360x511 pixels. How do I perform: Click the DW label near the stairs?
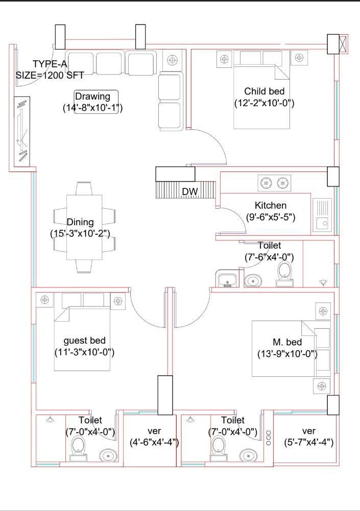[x=190, y=191]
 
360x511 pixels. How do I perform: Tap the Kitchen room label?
[x=271, y=206]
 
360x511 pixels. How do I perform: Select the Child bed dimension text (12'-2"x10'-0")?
[x=265, y=103]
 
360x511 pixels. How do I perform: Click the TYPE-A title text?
[x=50, y=64]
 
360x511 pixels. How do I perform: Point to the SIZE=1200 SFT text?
[x=50, y=75]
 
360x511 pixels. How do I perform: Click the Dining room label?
[x=80, y=222]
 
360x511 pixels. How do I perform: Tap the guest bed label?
[x=84, y=341]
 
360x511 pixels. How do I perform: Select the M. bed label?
[x=287, y=342]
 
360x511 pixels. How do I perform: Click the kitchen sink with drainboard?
[x=322, y=214]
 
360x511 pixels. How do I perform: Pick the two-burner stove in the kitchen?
[x=274, y=183]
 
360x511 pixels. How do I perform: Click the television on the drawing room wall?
[x=22, y=131]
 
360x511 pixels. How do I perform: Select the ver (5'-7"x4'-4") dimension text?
[x=308, y=443]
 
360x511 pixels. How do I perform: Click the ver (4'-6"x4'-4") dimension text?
[x=154, y=443]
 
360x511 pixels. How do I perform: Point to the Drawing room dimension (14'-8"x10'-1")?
[x=92, y=108]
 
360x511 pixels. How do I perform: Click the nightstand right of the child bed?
[x=299, y=58]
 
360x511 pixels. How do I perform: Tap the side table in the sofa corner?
[x=172, y=60]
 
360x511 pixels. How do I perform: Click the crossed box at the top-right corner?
[x=343, y=44]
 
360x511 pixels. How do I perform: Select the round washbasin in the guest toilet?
[x=108, y=455]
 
